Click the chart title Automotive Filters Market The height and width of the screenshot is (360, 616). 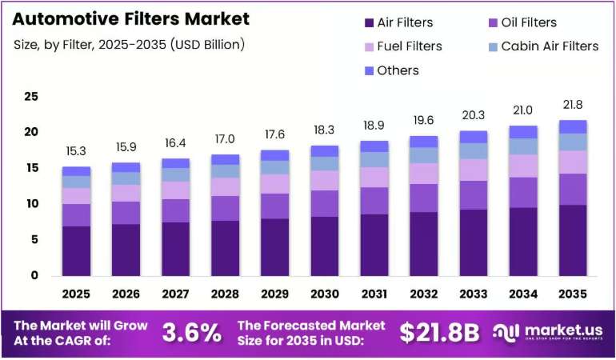tap(131, 19)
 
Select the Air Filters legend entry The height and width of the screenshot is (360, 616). tap(398, 22)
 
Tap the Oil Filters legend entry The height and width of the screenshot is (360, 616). tap(522, 22)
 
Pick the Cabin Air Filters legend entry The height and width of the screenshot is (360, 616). tap(544, 46)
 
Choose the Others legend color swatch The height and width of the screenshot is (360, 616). tap(369, 70)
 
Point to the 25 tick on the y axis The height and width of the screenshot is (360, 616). tap(31, 96)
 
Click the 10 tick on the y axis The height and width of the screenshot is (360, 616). tap(31, 203)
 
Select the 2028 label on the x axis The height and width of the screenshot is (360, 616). tap(225, 294)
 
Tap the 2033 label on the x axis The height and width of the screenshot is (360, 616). tap(474, 294)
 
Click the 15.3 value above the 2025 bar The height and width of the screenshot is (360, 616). tap(76, 151)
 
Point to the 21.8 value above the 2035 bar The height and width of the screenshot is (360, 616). tap(573, 105)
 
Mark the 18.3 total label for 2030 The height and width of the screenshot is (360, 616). tap(324, 130)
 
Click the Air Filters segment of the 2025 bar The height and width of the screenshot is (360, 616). tap(76, 250)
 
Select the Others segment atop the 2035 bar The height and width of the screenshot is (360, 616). tap(573, 127)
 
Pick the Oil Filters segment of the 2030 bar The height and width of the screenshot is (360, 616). tap(325, 203)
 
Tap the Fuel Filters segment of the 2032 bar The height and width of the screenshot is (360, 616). tap(423, 174)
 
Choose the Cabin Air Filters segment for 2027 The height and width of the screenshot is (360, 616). tap(176, 175)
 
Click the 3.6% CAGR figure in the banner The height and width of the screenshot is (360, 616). tap(192, 333)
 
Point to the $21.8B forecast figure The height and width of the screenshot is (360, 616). tap(439, 333)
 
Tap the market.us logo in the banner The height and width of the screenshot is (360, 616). tap(548, 333)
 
